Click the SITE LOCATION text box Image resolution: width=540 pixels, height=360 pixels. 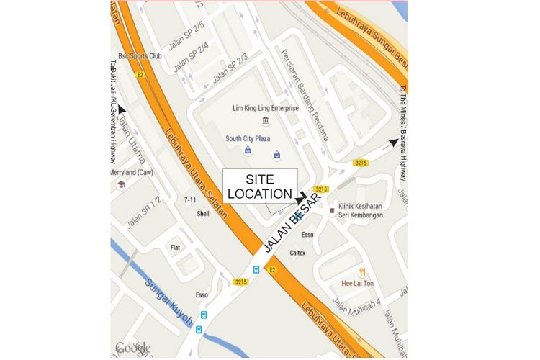point(260,186)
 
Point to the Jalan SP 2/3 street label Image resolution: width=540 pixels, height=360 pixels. point(230,67)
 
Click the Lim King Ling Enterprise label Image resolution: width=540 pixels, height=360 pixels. point(266,108)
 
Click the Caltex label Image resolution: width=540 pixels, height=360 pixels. point(298,253)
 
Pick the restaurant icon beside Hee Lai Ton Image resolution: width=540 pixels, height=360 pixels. point(363,271)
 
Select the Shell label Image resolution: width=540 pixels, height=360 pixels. point(203,214)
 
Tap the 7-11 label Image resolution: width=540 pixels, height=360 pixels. point(190,199)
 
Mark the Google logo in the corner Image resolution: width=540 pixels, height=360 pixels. point(132,348)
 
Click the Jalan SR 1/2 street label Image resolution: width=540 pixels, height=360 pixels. point(144,212)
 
